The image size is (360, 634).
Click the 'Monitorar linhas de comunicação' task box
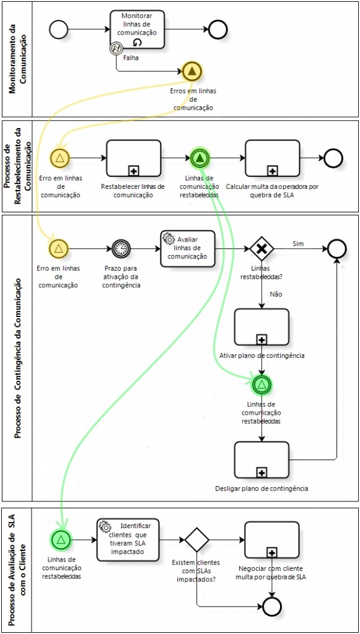pyautogui.click(x=137, y=30)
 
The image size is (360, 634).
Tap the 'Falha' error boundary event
pyautogui.click(x=116, y=49)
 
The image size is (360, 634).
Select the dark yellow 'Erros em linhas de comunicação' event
pyautogui.click(x=192, y=72)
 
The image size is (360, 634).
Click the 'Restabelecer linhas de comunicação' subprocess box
pyautogui.click(x=133, y=158)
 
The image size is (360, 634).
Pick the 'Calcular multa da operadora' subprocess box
pyautogui.click(x=272, y=158)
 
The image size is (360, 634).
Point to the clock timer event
pyautogui.click(x=121, y=249)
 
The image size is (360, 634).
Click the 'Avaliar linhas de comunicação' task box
pyautogui.click(x=188, y=249)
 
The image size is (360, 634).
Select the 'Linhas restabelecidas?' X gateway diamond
pyautogui.click(x=261, y=249)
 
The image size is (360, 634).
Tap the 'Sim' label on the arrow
pyautogui.click(x=298, y=243)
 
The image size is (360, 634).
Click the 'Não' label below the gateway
pyautogui.click(x=276, y=294)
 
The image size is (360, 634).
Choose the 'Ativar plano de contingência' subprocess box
pyautogui.click(x=261, y=327)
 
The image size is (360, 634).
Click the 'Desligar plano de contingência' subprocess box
pyautogui.click(x=261, y=460)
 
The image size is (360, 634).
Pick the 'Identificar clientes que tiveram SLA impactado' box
pyautogui.click(x=128, y=540)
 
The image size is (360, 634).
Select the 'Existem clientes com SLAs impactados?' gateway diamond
pyautogui.click(x=197, y=539)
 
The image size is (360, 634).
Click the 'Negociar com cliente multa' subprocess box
pyautogui.click(x=272, y=540)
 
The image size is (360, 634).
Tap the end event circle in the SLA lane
pyautogui.click(x=272, y=606)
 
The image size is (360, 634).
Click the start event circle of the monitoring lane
pyautogui.click(x=59, y=30)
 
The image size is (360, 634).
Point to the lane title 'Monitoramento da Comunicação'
pyautogui.click(x=17, y=59)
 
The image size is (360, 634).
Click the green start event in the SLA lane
pyautogui.click(x=61, y=539)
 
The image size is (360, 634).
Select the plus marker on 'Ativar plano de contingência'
pyautogui.click(x=261, y=340)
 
